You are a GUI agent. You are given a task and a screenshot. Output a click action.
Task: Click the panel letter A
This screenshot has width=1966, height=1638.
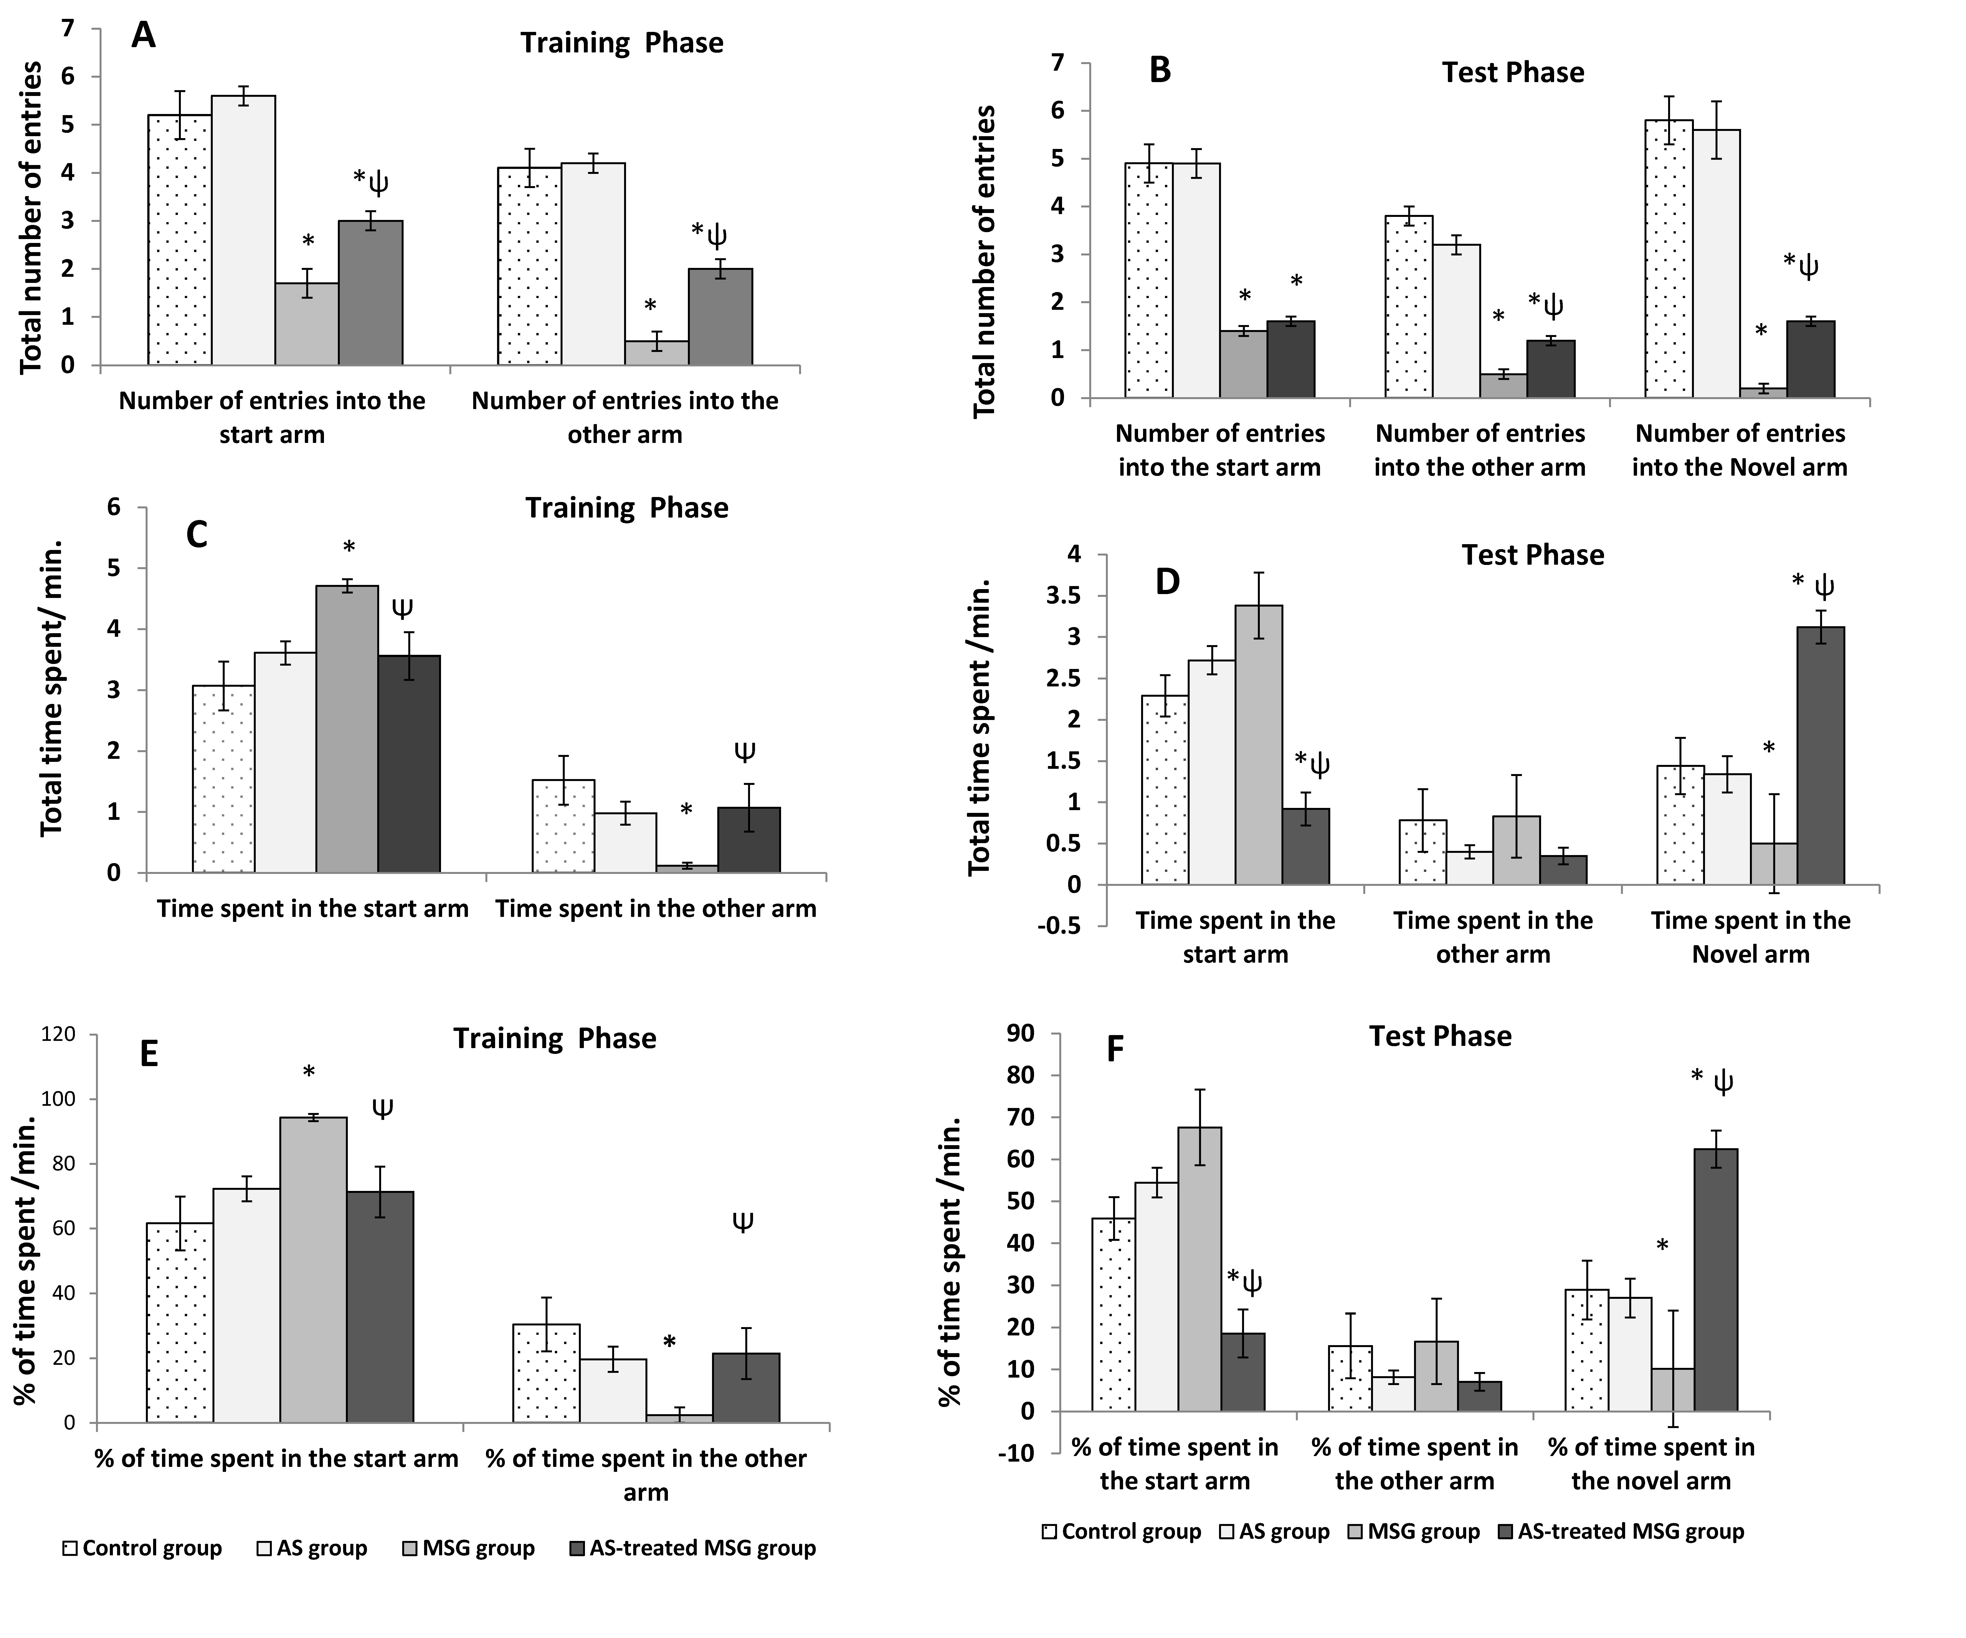coord(143,36)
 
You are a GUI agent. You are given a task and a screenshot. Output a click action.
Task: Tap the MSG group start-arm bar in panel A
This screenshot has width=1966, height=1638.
coord(307,324)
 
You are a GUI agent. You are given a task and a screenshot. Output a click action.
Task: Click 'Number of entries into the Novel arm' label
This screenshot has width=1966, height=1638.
coord(1739,450)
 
